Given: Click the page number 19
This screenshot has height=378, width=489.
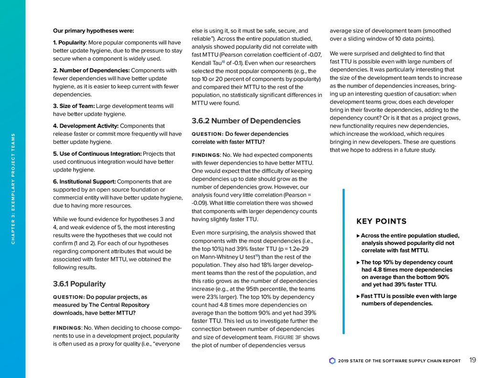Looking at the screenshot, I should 472,360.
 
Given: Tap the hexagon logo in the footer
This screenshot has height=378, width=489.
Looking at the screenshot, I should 332,361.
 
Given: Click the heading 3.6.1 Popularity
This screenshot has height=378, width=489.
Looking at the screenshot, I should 79,284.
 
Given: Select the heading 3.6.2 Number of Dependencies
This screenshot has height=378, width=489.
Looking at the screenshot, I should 246,120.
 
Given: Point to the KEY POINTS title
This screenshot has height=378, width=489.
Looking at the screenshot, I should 382,221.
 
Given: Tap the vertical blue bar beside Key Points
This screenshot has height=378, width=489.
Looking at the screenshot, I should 343,261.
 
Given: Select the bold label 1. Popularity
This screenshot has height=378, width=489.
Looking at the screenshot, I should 70,43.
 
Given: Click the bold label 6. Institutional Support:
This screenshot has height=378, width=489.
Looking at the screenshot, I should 84,182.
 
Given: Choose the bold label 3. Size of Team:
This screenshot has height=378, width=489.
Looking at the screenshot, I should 74,106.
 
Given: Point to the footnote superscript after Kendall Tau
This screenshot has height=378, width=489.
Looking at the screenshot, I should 222,61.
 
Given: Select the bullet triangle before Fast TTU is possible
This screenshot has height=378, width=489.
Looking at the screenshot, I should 359,296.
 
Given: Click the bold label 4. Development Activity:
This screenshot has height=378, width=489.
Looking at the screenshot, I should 86,126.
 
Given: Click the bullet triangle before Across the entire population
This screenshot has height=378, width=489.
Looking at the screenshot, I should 359,236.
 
